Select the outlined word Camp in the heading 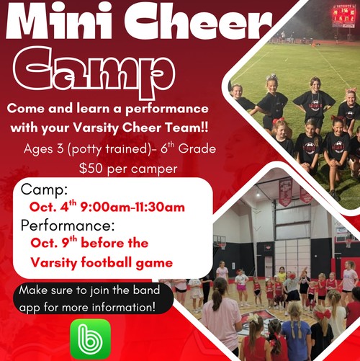94,71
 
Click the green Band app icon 91,339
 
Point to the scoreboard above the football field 343,17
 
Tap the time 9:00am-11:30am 132,207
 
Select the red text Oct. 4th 53,206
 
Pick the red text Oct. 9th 54,243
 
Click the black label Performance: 68,226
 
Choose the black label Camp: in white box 45,190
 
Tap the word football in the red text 107,262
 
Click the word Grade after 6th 197,148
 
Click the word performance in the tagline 167,110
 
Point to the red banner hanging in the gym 285,192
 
